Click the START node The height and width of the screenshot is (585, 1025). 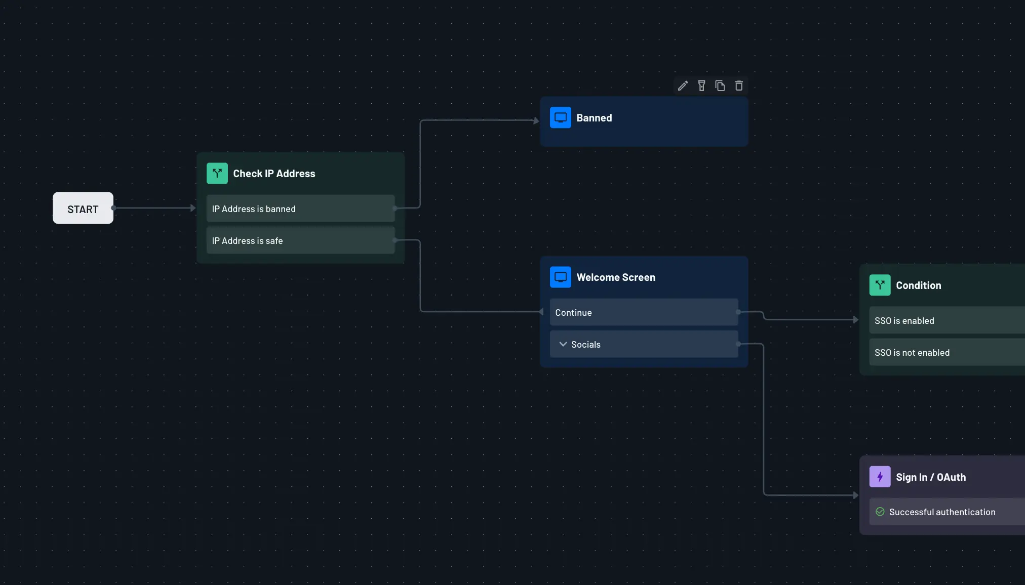click(83, 208)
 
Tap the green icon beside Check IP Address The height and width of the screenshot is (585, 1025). click(217, 174)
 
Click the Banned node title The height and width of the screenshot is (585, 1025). click(594, 118)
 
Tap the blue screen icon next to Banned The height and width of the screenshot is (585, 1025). click(560, 118)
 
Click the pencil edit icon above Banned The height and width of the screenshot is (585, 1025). click(683, 86)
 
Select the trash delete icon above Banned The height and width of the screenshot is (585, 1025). click(739, 86)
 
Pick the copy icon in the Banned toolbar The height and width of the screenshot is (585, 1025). click(720, 86)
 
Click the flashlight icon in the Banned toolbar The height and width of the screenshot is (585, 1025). click(701, 86)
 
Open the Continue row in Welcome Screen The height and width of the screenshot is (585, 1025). click(644, 312)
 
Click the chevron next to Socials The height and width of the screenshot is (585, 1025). click(563, 344)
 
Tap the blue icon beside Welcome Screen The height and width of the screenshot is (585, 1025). click(560, 277)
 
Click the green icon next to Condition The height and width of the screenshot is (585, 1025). click(880, 285)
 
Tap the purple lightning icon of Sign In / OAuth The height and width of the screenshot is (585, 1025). click(880, 477)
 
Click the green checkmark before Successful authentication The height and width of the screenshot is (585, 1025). click(880, 512)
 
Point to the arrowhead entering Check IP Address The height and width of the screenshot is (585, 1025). click(193, 208)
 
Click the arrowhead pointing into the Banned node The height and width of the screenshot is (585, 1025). click(536, 120)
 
